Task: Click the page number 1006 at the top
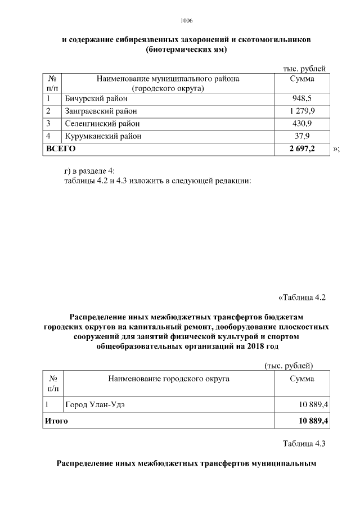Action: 187,20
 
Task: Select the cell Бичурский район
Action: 96,98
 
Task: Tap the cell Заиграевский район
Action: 101,111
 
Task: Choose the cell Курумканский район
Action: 103,136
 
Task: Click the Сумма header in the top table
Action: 301,79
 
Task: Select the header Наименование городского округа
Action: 168,379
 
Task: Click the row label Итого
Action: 57,420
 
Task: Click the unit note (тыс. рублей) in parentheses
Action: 289,366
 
